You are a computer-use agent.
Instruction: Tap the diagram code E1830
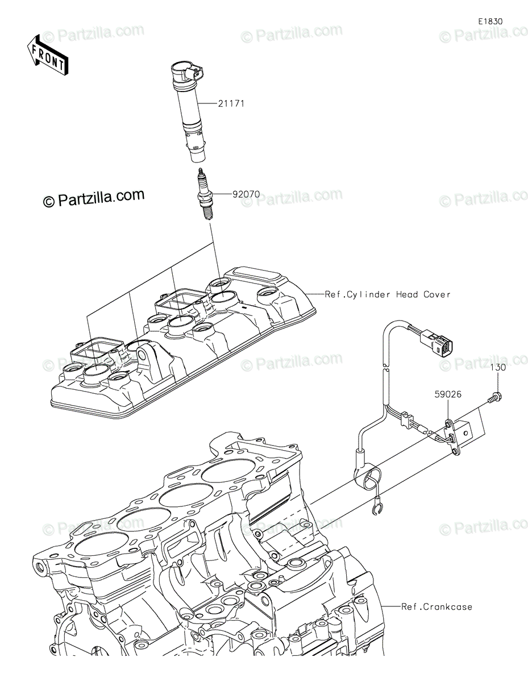[x=490, y=22]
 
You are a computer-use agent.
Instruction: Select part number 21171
[x=231, y=103]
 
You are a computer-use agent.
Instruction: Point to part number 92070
[x=246, y=194]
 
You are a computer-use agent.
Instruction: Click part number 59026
[x=448, y=394]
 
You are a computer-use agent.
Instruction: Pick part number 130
[x=498, y=367]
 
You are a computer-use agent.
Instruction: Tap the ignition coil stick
[x=188, y=113]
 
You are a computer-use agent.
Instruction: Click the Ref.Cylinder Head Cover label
[x=388, y=294]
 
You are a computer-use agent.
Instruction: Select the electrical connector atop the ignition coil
[x=195, y=74]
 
